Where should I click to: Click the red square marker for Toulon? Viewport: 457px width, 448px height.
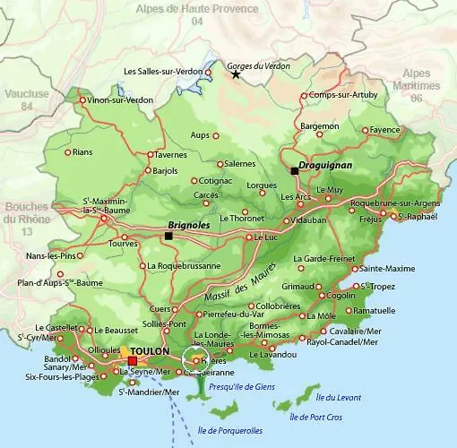[132, 361]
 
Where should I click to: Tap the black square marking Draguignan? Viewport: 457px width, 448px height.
[293, 170]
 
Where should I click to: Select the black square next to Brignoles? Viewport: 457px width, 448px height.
[168, 236]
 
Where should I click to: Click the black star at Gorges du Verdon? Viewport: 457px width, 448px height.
[236, 74]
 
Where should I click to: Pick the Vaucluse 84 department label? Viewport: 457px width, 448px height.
[26, 99]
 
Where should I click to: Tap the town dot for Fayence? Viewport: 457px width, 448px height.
[364, 130]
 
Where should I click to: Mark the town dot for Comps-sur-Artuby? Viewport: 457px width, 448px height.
[304, 95]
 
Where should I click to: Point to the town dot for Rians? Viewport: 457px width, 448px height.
[67, 152]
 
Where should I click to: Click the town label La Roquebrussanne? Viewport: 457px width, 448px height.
[183, 265]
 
